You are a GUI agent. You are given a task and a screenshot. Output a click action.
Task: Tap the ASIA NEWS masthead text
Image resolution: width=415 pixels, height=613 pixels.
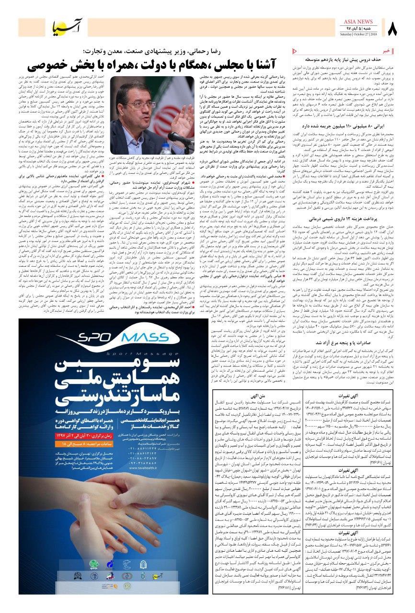tap(358, 22)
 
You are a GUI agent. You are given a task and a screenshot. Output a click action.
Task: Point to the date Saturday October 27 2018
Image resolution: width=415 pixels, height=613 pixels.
tap(357, 35)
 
